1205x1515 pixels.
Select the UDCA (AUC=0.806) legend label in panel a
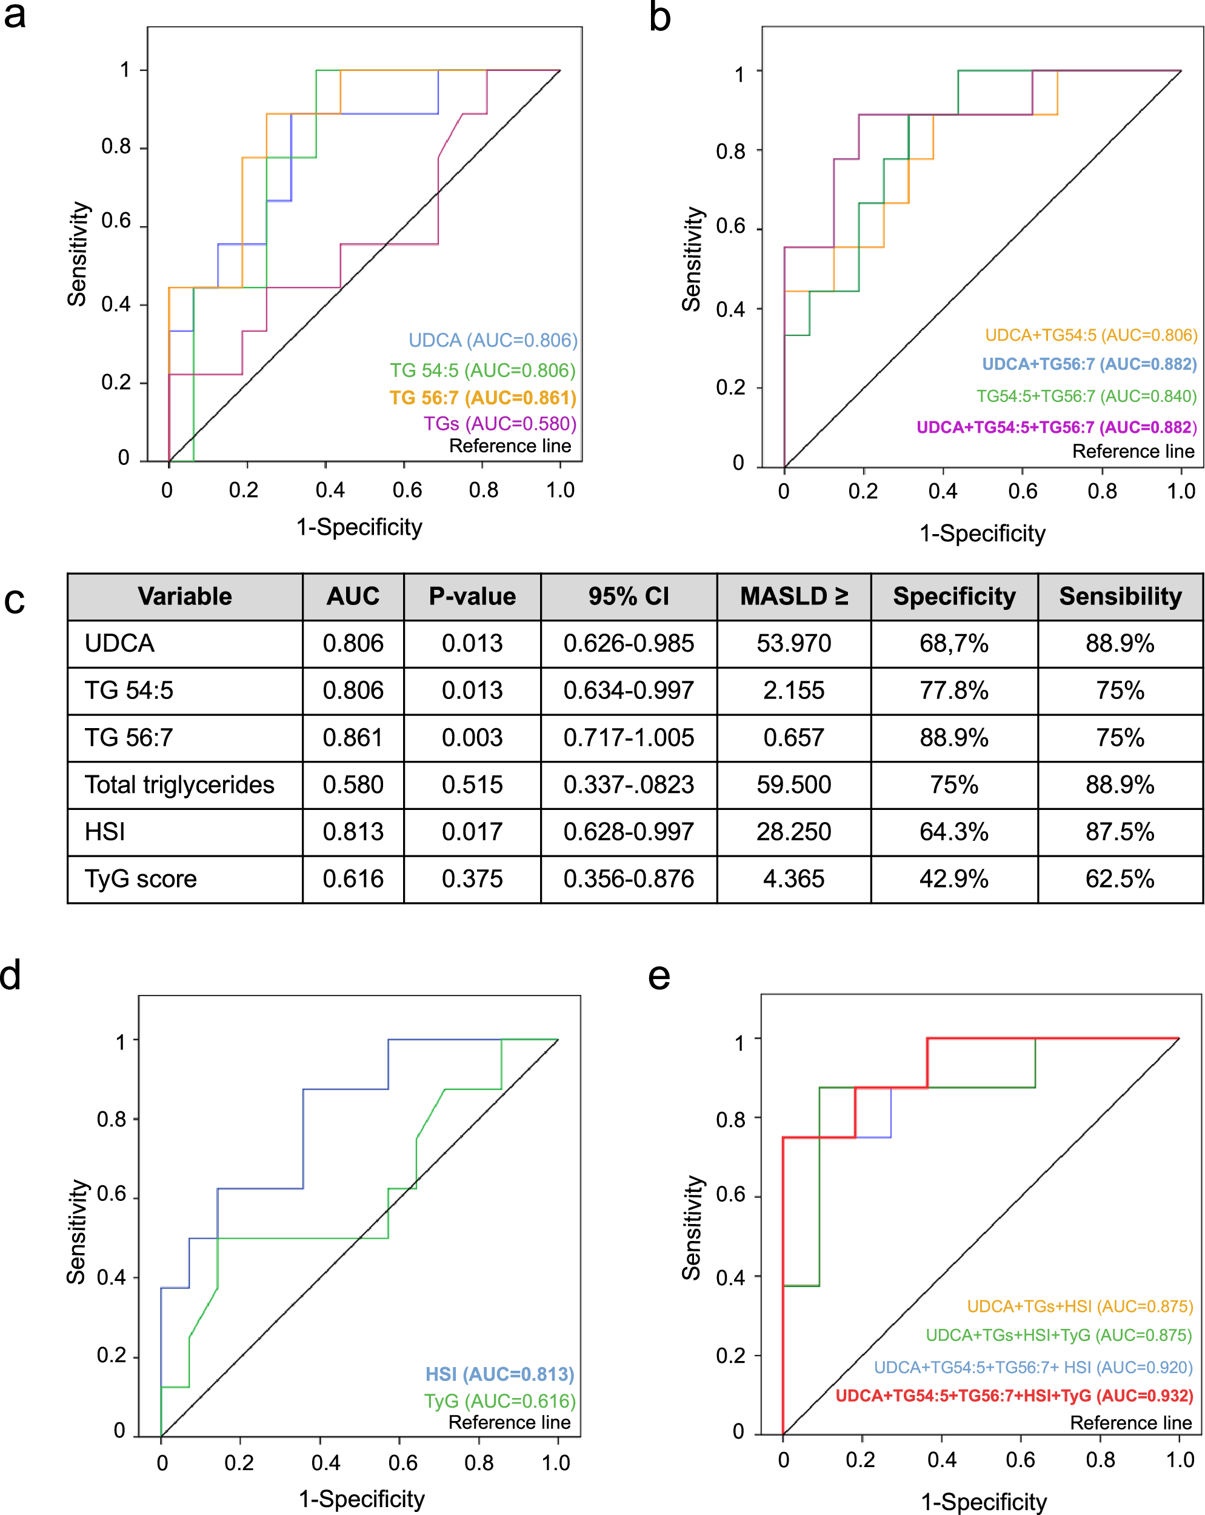click(493, 340)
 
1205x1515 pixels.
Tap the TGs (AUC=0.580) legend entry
click(499, 424)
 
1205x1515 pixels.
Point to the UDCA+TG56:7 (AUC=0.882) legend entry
click(1089, 364)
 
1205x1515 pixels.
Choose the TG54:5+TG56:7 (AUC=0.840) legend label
click(1086, 396)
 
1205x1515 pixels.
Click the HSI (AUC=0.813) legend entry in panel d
click(499, 1374)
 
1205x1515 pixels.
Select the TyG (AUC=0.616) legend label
click(499, 1401)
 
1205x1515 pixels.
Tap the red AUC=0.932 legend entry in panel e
click(1014, 1396)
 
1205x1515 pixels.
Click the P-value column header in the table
click(472, 597)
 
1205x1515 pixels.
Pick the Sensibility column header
click(1120, 597)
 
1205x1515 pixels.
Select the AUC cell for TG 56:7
click(353, 738)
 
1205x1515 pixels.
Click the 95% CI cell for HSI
click(628, 832)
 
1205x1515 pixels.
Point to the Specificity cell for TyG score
click(953, 879)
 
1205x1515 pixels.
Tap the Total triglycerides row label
click(179, 785)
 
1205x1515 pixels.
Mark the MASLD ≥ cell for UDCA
click(793, 644)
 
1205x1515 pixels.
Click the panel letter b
click(659, 17)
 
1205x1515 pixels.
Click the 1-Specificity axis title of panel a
click(359, 527)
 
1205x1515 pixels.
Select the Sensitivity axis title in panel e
click(692, 1228)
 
